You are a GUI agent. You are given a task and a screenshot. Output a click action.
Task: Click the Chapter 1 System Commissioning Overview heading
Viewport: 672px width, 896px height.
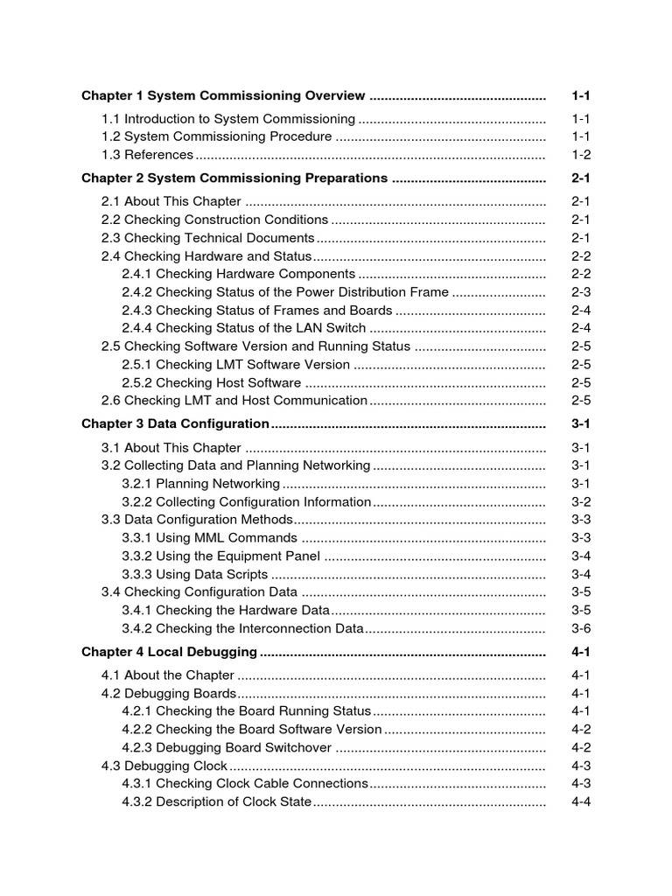tap(223, 95)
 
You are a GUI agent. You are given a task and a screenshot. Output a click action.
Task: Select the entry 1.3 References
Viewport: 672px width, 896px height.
tap(147, 155)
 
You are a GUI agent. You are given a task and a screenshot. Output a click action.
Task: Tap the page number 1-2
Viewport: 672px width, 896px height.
tap(581, 155)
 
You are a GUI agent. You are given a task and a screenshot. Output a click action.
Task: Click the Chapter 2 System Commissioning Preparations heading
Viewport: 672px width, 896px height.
tap(234, 178)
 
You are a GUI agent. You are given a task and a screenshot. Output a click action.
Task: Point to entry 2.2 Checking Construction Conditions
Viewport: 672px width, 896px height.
tap(214, 220)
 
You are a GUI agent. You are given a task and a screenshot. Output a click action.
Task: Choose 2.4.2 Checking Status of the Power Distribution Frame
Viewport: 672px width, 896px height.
tap(285, 292)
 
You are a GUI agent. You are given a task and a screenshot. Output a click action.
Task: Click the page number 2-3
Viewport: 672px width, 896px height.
tap(581, 292)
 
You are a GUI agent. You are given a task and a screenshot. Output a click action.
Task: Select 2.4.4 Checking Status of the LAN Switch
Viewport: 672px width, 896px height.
tap(243, 328)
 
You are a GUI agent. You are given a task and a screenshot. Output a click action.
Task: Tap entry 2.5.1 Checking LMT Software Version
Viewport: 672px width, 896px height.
tap(235, 365)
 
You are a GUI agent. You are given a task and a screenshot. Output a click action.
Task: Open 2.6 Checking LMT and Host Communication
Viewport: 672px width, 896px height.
tap(234, 401)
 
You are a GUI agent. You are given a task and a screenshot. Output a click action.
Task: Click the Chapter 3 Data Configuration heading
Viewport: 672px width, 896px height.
tap(175, 424)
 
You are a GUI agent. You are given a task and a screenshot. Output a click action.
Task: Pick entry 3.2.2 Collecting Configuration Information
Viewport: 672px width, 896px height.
tap(246, 502)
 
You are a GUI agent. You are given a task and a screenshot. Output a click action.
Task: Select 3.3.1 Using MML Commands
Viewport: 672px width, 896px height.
tap(209, 538)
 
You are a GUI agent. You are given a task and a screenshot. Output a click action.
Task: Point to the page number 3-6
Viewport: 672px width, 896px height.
tap(581, 628)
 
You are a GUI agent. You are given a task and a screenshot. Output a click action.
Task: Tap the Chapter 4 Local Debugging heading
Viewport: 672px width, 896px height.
tap(169, 652)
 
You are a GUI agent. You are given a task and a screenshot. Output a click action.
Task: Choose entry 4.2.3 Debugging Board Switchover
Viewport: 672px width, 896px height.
tap(227, 748)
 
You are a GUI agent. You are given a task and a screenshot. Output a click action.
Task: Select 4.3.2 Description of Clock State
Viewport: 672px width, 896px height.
tap(216, 802)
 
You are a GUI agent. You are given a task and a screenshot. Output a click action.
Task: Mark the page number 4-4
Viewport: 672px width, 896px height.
tap(581, 802)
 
